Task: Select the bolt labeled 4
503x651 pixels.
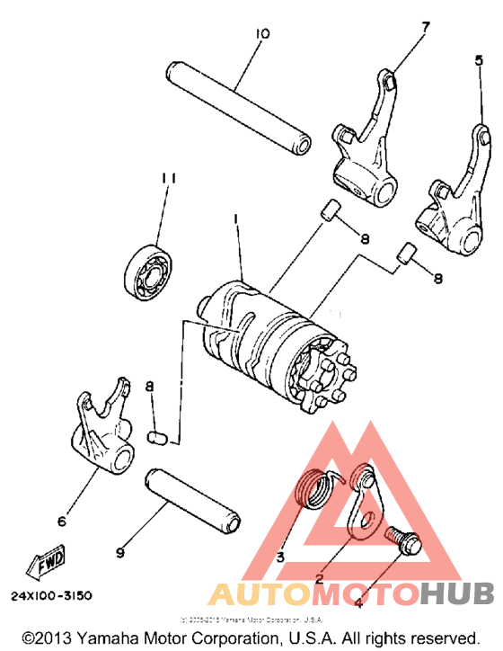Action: [x=401, y=540]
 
